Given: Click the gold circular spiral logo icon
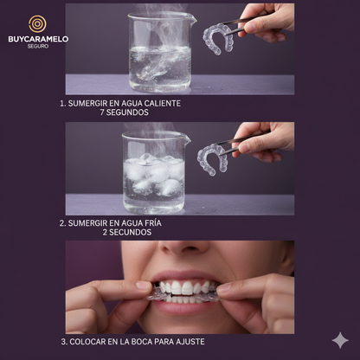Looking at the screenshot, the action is tap(37, 24).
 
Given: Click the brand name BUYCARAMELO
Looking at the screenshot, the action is tap(38, 39).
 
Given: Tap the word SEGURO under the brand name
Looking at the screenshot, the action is tap(38, 46).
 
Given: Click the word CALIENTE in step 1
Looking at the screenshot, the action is tap(163, 103).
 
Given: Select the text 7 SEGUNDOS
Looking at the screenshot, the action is tap(125, 112).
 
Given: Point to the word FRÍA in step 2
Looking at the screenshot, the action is tap(151, 223).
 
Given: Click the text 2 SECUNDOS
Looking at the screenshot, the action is tap(127, 232).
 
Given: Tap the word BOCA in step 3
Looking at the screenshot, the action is tap(141, 342).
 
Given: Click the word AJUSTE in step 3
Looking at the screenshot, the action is tap(192, 342).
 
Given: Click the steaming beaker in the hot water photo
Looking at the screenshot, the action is tap(161, 52).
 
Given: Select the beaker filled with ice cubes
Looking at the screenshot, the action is tap(154, 172).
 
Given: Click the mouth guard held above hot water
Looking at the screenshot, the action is tap(218, 39).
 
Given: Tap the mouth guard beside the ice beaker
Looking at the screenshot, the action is tap(213, 159).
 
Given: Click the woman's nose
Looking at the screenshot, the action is tap(183, 247).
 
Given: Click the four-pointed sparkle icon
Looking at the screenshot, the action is tap(340, 340).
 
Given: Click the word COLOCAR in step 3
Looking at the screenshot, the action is tap(87, 342).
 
